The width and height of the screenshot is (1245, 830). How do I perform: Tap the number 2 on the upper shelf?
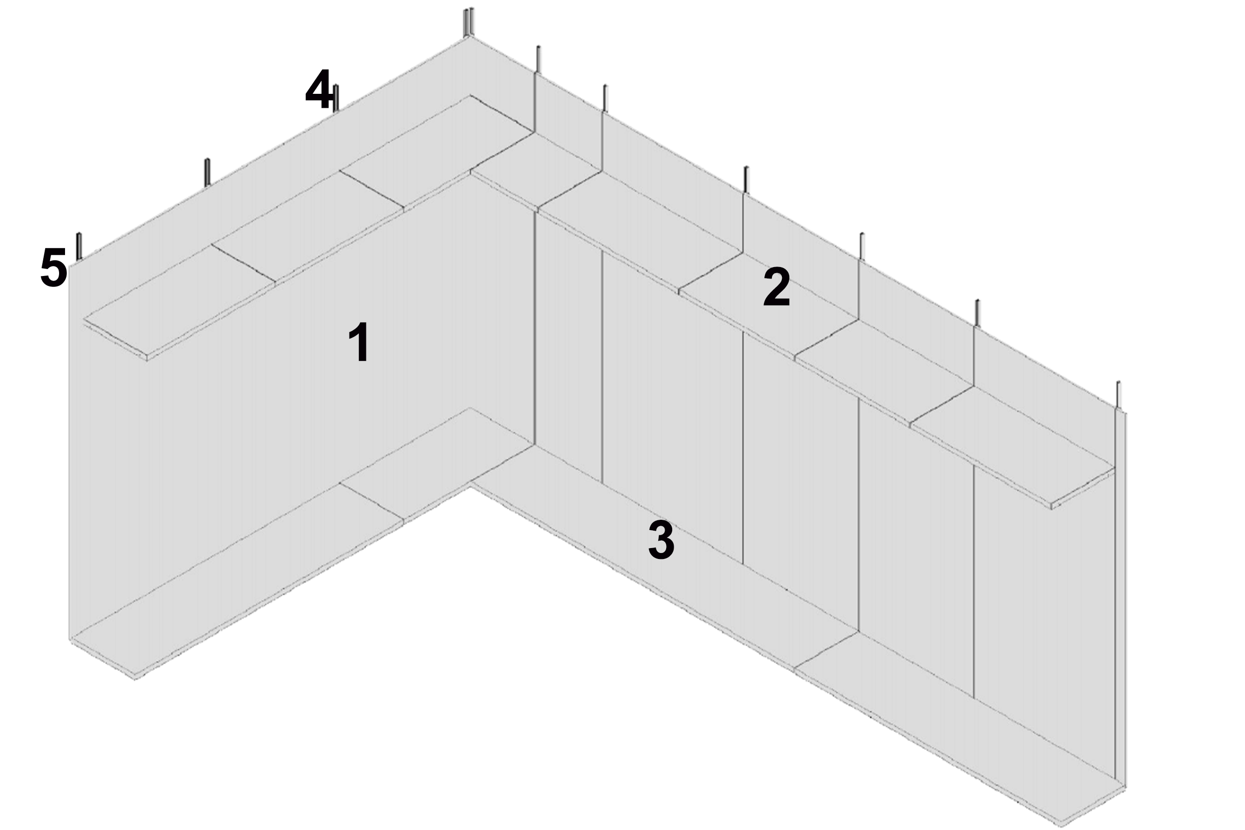[x=776, y=287]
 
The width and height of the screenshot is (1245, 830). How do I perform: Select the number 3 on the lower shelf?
[x=661, y=540]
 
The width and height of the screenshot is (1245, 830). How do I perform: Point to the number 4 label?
[x=318, y=88]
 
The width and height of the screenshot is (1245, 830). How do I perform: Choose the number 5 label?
[x=54, y=268]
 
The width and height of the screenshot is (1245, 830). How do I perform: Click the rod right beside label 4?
[x=336, y=98]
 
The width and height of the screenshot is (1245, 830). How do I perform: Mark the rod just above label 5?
[x=79, y=246]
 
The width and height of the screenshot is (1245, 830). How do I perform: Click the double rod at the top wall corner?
[x=469, y=22]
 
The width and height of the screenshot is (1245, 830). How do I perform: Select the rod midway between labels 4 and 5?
[x=207, y=172]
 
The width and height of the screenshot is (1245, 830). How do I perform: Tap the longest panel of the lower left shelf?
[x=237, y=578]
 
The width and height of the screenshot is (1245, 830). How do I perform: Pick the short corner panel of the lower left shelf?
[x=437, y=464]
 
